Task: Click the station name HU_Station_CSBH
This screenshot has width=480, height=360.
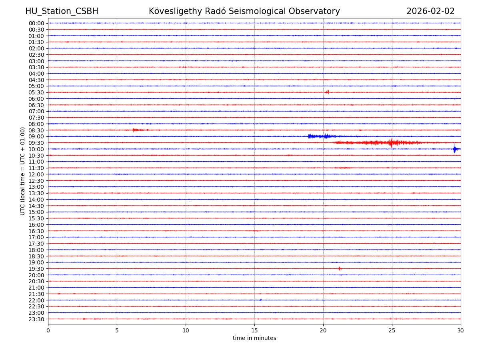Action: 62,12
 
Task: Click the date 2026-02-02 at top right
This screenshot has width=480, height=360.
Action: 430,12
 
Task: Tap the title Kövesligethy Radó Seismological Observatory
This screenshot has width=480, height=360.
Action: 244,12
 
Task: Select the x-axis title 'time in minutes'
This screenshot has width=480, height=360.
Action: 254,338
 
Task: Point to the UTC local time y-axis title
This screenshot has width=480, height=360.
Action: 23,171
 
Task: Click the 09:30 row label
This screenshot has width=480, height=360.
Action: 36,143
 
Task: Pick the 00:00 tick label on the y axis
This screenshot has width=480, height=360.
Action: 36,23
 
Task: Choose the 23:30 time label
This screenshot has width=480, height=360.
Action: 36,319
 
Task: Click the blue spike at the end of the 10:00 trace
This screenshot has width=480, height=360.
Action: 454,149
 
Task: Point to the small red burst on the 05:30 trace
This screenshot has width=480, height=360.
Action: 327,92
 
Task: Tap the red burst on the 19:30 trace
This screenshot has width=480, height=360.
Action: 339,268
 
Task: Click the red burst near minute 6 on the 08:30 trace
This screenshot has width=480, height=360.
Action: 135,130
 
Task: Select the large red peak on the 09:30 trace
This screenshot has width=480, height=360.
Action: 391,142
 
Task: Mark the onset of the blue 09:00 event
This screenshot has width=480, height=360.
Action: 309,136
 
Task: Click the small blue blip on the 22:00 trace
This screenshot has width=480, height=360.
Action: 260,300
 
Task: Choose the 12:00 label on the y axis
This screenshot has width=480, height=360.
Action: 36,174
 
